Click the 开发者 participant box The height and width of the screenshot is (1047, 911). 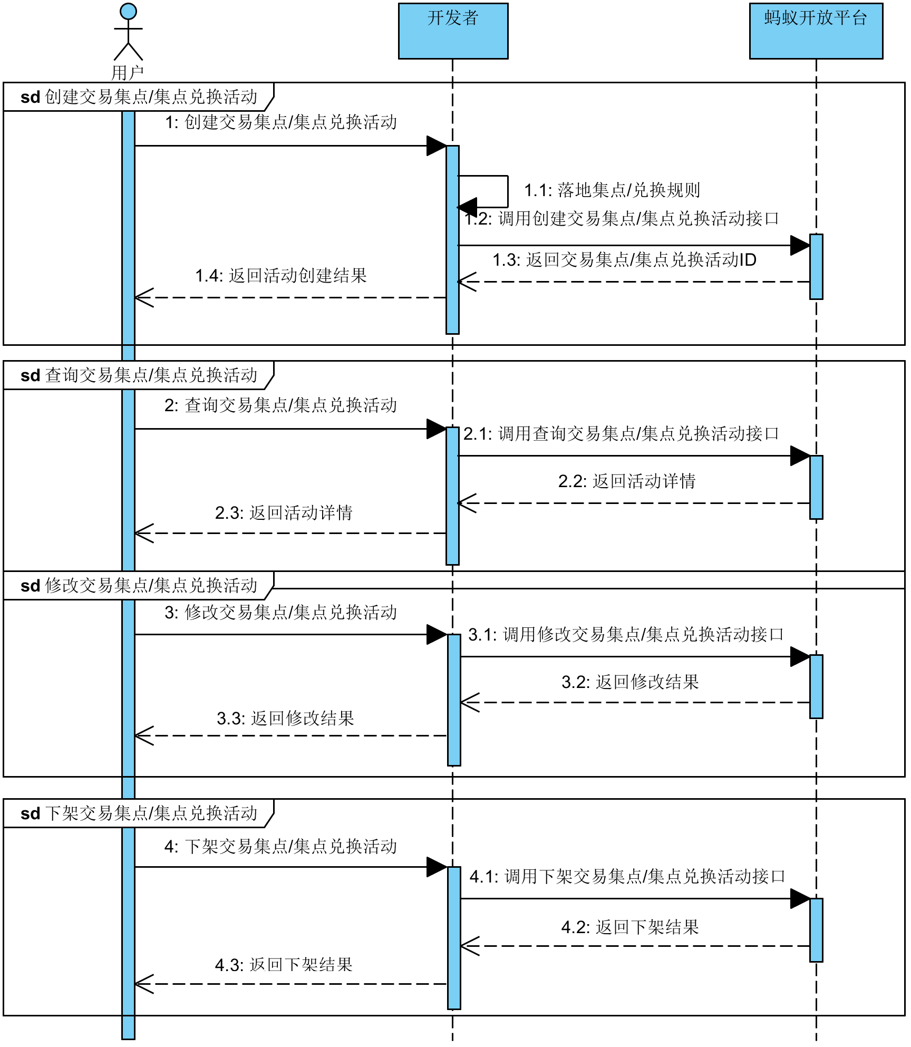453,31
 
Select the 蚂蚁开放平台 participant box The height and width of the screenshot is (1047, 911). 816,31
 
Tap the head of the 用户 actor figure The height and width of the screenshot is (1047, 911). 128,11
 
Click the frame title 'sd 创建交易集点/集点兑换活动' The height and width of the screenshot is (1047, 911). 139,97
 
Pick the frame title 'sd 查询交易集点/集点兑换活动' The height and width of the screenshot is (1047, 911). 139,375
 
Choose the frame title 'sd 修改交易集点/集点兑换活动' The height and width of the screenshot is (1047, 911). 139,586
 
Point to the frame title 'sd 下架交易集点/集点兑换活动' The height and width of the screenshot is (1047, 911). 139,813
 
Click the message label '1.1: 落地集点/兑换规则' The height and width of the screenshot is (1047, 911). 612,190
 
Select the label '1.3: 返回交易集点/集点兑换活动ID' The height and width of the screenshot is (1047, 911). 624,260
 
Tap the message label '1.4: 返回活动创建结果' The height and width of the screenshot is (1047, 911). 281,276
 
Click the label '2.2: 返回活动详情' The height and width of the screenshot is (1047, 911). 627,481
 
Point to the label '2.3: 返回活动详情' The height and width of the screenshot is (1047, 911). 284,513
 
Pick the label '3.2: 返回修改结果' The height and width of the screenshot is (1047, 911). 630,682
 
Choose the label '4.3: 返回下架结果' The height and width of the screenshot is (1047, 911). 284,965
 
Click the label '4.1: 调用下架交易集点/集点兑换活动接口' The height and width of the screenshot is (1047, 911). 627,877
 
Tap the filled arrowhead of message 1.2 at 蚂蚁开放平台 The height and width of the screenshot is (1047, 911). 800,245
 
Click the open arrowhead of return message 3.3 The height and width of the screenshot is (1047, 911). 143,736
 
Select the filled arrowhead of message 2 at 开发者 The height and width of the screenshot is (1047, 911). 437,429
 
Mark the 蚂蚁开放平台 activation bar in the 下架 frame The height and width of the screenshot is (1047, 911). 816,930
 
